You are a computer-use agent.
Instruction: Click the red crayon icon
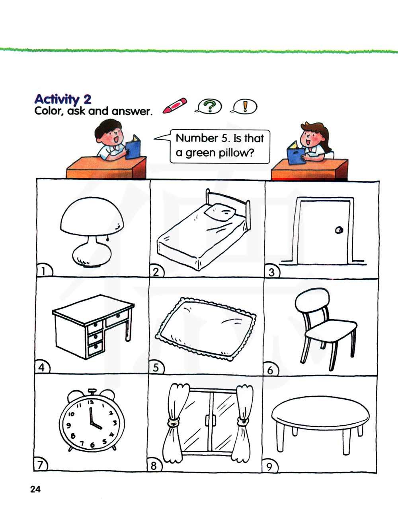pos(175,105)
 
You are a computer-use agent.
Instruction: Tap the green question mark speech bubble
pos(209,107)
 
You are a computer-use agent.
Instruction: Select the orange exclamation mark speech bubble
pos(244,107)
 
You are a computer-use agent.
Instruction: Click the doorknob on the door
pos(339,230)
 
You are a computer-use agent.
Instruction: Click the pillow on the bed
pos(220,211)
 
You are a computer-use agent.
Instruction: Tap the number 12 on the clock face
pos(91,402)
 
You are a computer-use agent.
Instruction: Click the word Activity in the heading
pos(57,99)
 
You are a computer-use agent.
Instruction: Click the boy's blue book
pos(133,147)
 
